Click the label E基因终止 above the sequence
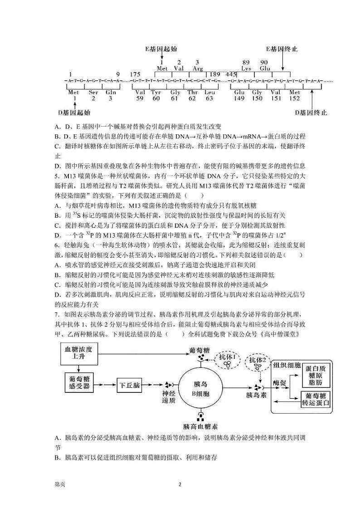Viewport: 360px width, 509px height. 282,49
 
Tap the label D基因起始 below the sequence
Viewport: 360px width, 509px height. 74,112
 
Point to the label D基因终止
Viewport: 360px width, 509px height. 311,112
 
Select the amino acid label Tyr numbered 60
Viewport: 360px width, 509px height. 156,92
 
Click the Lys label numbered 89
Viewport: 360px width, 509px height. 246,68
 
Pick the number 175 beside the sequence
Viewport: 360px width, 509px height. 135,74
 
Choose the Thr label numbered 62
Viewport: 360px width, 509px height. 192,92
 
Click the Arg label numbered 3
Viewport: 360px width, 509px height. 197,68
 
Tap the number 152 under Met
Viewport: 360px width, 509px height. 294,98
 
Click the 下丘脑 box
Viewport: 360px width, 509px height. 129,386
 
